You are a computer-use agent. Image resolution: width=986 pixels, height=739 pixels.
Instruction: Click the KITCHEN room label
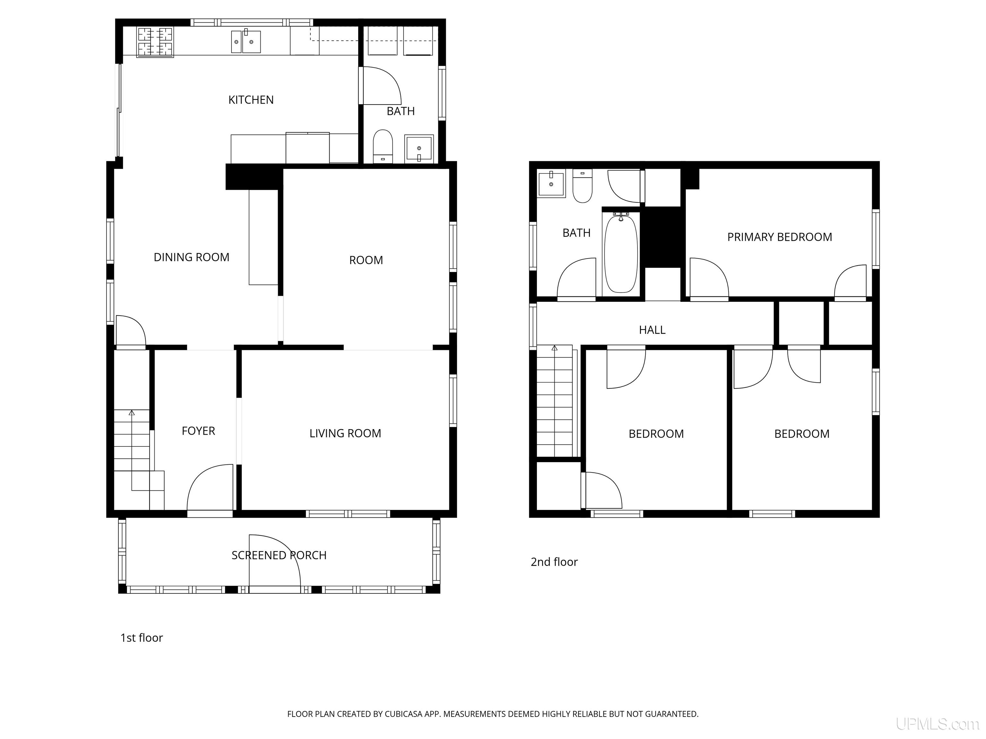pos(251,100)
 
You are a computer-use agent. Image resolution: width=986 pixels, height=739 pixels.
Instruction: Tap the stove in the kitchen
pos(155,42)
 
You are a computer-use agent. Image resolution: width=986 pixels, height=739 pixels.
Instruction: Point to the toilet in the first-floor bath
pos(383,146)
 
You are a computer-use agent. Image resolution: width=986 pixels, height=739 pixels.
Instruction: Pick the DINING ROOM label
pos(192,257)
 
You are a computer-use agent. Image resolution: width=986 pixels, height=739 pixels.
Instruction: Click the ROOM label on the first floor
pos(366,260)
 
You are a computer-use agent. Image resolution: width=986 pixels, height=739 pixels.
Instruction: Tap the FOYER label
pos(198,431)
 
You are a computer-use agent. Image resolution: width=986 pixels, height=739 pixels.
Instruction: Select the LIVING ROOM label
pos(345,433)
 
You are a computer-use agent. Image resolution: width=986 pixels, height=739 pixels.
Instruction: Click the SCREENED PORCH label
pos(279,555)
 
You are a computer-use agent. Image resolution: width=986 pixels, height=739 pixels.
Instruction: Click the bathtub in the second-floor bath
pos(621,253)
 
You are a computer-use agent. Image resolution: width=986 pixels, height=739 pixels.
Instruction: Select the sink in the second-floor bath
pos(551,183)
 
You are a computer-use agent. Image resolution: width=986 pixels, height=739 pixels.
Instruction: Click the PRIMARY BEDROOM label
pos(780,237)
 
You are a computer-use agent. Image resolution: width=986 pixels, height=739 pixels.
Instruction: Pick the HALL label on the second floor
pos(652,330)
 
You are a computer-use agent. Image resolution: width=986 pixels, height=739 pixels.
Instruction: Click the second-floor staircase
pos(555,401)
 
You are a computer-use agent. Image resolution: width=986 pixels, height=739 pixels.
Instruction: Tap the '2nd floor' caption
pos(554,562)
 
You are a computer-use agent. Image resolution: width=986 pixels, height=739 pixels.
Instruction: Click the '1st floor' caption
pos(142,637)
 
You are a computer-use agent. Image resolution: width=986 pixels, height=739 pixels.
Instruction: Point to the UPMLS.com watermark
pos(938,724)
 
